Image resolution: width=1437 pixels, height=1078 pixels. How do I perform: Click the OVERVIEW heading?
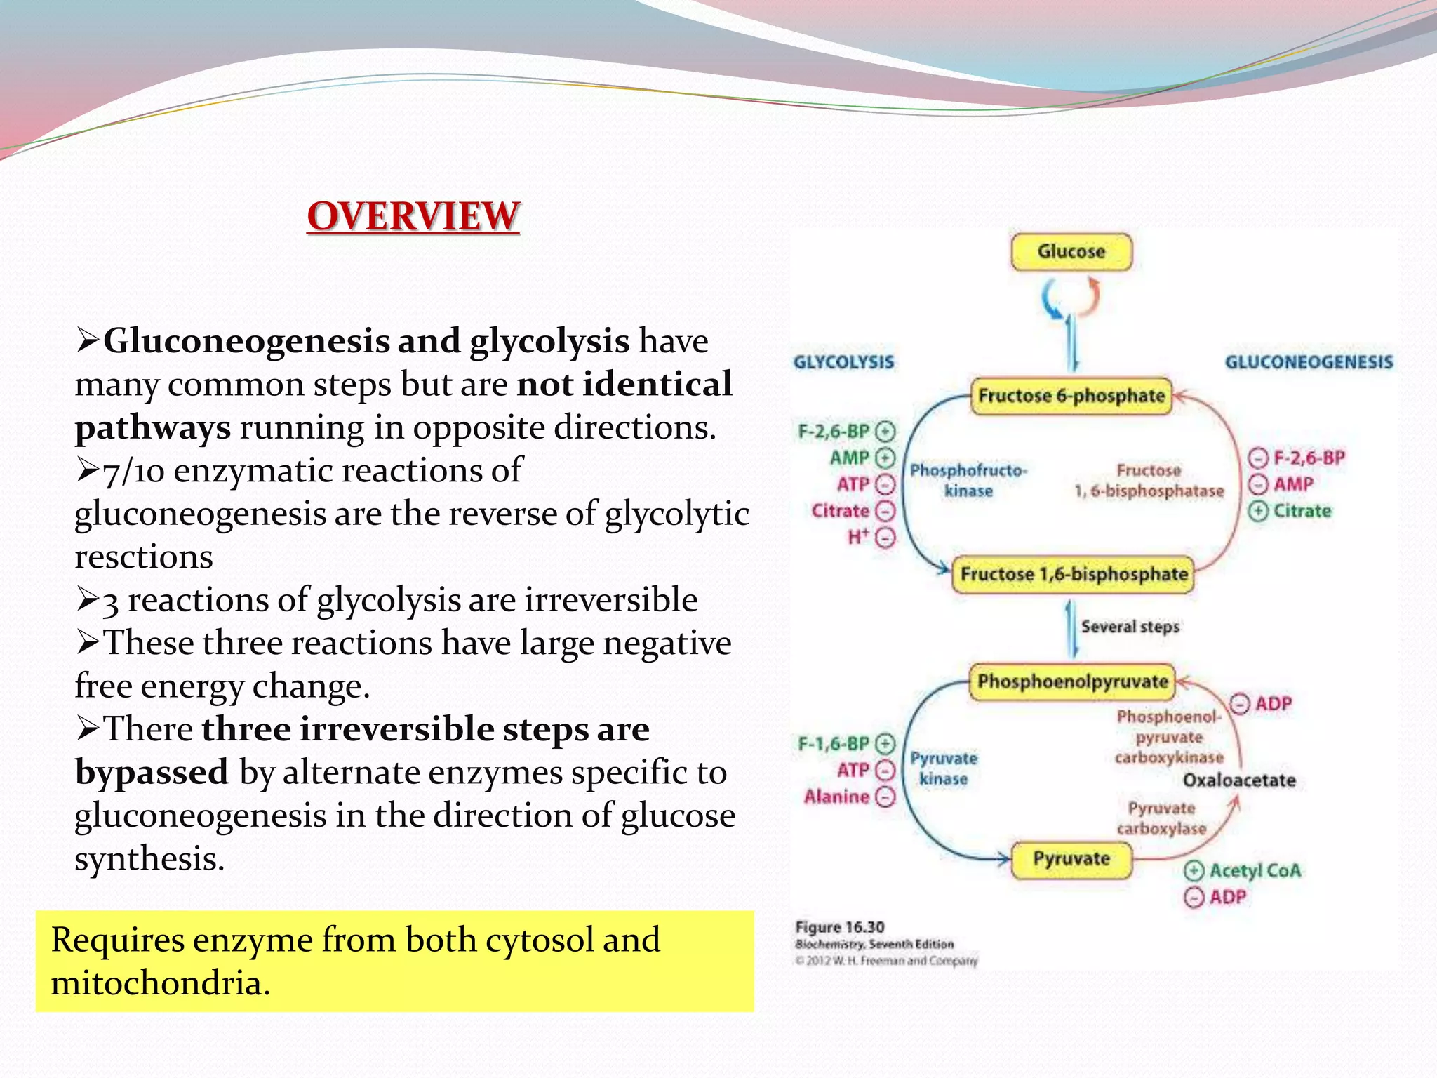tap(413, 215)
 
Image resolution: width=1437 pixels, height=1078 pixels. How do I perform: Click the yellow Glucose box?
tap(1071, 252)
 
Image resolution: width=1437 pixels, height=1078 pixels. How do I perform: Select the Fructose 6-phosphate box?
tap(1071, 396)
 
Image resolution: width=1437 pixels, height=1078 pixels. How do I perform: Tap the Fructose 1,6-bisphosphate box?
tap(1073, 574)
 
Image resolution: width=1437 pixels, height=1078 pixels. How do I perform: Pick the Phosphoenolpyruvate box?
tap(1071, 681)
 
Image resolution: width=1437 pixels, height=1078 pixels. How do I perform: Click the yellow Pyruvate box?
tap(1071, 859)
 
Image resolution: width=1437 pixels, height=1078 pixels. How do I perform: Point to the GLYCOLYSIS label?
tap(843, 362)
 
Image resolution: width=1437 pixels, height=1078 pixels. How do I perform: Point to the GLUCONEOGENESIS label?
tap(1309, 362)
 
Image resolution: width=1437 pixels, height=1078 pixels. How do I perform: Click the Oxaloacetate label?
tap(1239, 780)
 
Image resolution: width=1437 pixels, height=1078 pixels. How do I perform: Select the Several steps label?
tap(1130, 627)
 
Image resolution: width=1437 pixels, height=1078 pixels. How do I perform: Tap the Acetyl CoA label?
tap(1255, 871)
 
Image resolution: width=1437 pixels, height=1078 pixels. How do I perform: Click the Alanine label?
tap(836, 797)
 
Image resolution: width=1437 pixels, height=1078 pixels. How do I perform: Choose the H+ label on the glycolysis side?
tap(859, 538)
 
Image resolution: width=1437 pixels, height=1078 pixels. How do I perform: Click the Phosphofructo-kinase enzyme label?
tap(968, 481)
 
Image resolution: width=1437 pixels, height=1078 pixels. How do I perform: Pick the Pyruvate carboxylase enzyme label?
tap(1161, 818)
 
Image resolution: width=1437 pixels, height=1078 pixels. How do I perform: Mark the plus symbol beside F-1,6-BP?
tap(886, 743)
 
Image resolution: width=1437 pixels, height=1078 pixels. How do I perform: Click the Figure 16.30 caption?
tap(840, 927)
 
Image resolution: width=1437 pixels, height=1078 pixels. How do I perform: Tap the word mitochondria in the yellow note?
tap(160, 983)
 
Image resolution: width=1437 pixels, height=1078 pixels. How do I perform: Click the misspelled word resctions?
tap(143, 557)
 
